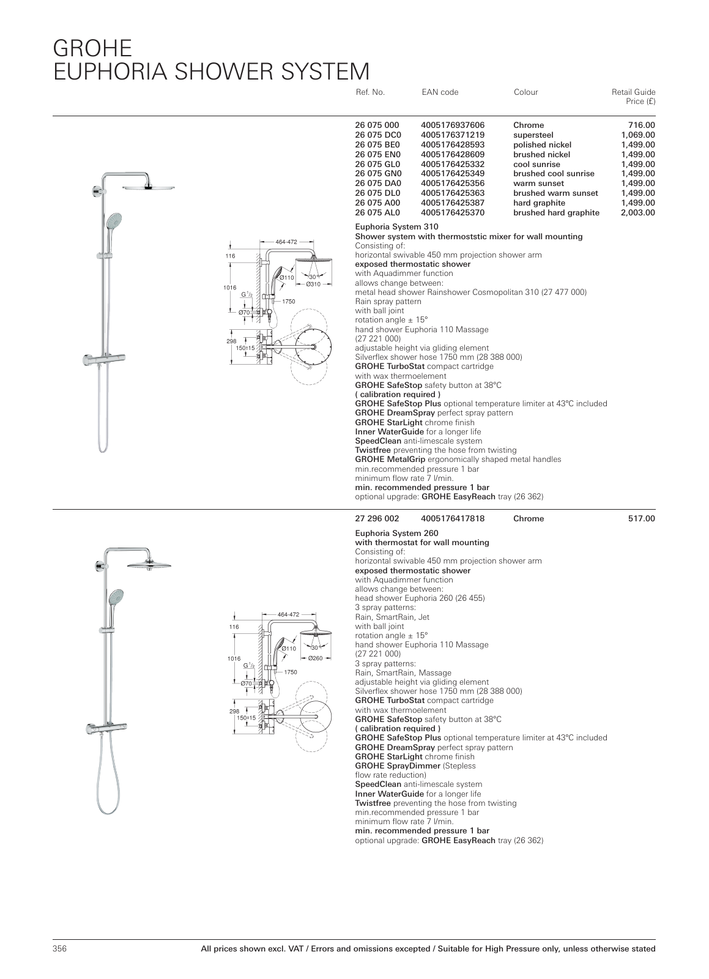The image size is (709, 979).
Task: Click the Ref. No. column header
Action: [369, 92]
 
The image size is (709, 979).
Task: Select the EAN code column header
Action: [440, 92]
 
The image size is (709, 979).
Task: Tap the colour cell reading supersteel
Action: [533, 135]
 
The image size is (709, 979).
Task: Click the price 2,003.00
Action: [639, 213]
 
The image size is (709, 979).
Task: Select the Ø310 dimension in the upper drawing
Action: [313, 285]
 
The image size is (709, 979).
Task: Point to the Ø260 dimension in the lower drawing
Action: [316, 658]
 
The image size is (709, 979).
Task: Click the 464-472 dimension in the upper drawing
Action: [286, 242]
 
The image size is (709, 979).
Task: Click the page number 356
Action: [59, 948]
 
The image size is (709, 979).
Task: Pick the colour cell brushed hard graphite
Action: [556, 213]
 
